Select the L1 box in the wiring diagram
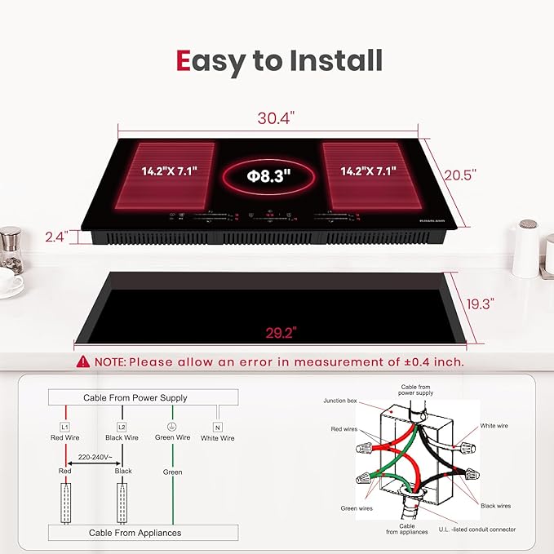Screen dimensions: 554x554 (64, 426)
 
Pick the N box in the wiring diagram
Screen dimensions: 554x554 (217, 426)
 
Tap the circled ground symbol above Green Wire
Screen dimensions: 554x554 (172, 426)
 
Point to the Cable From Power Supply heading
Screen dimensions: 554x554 (135, 397)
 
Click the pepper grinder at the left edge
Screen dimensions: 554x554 (10, 249)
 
